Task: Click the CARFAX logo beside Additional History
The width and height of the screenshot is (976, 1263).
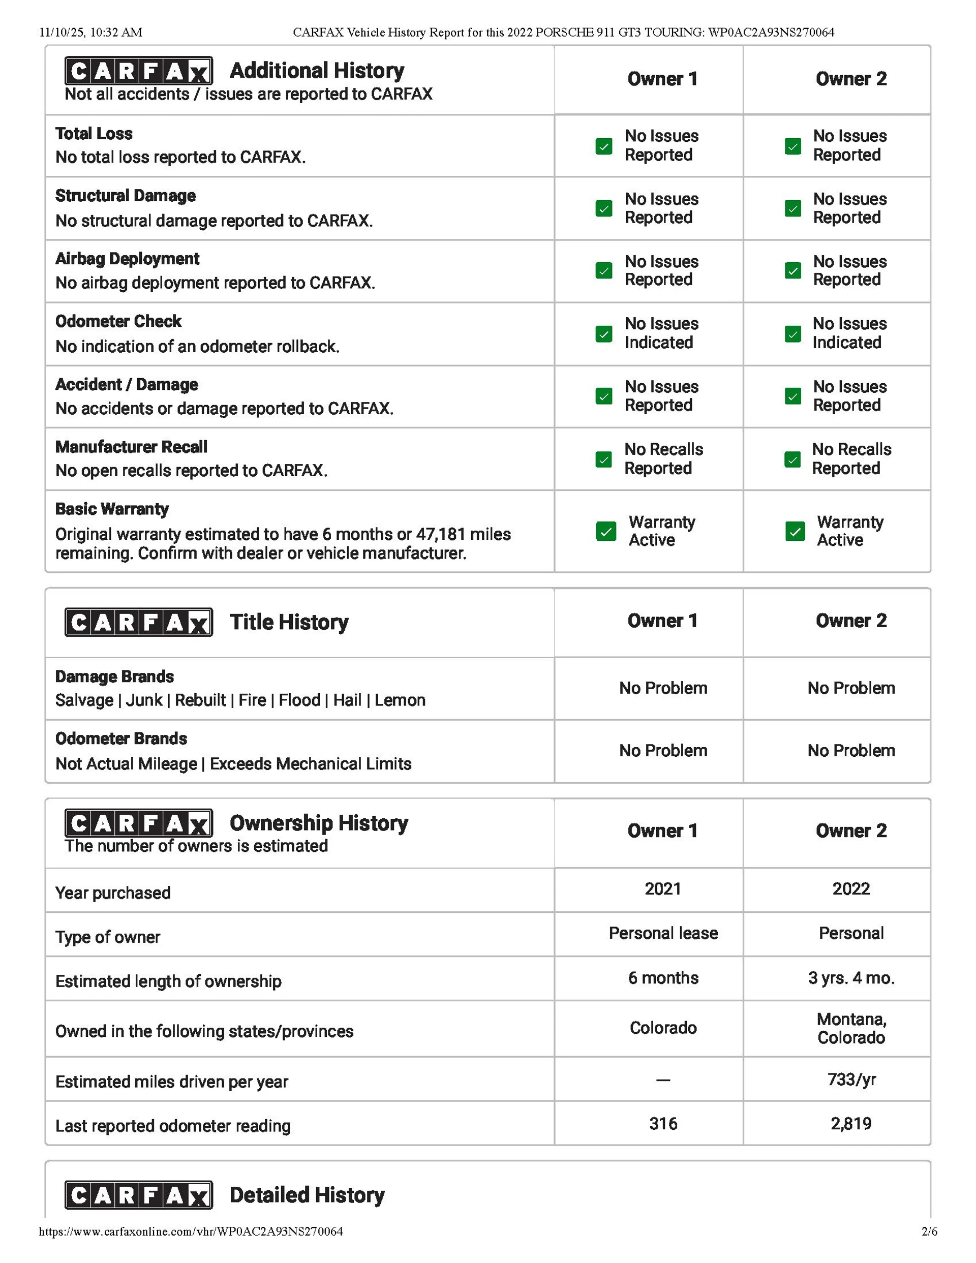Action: [138, 71]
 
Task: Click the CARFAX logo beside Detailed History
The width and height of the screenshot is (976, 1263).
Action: [138, 1195]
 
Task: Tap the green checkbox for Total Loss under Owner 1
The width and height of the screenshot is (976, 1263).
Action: [603, 146]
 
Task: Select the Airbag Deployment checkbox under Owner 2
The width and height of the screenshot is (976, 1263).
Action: [792, 270]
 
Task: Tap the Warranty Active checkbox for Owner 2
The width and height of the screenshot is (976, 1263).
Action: [795, 531]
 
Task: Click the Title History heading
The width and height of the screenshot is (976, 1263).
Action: [289, 622]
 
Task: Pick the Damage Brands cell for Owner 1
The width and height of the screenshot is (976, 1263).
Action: [663, 688]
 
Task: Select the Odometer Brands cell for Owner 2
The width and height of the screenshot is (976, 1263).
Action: [851, 751]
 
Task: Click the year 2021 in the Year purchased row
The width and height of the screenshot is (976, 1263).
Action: [663, 888]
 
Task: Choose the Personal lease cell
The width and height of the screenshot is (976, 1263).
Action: [663, 933]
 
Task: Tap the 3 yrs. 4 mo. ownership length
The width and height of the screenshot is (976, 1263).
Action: [851, 978]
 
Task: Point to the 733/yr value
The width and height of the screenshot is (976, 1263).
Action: [851, 1079]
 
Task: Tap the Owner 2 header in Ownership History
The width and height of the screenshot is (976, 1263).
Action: [851, 830]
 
